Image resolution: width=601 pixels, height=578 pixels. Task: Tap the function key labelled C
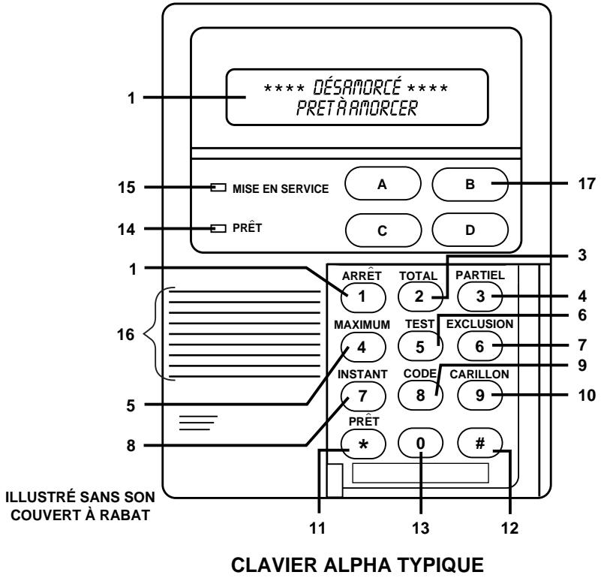382,230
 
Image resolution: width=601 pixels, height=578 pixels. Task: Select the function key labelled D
470,230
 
